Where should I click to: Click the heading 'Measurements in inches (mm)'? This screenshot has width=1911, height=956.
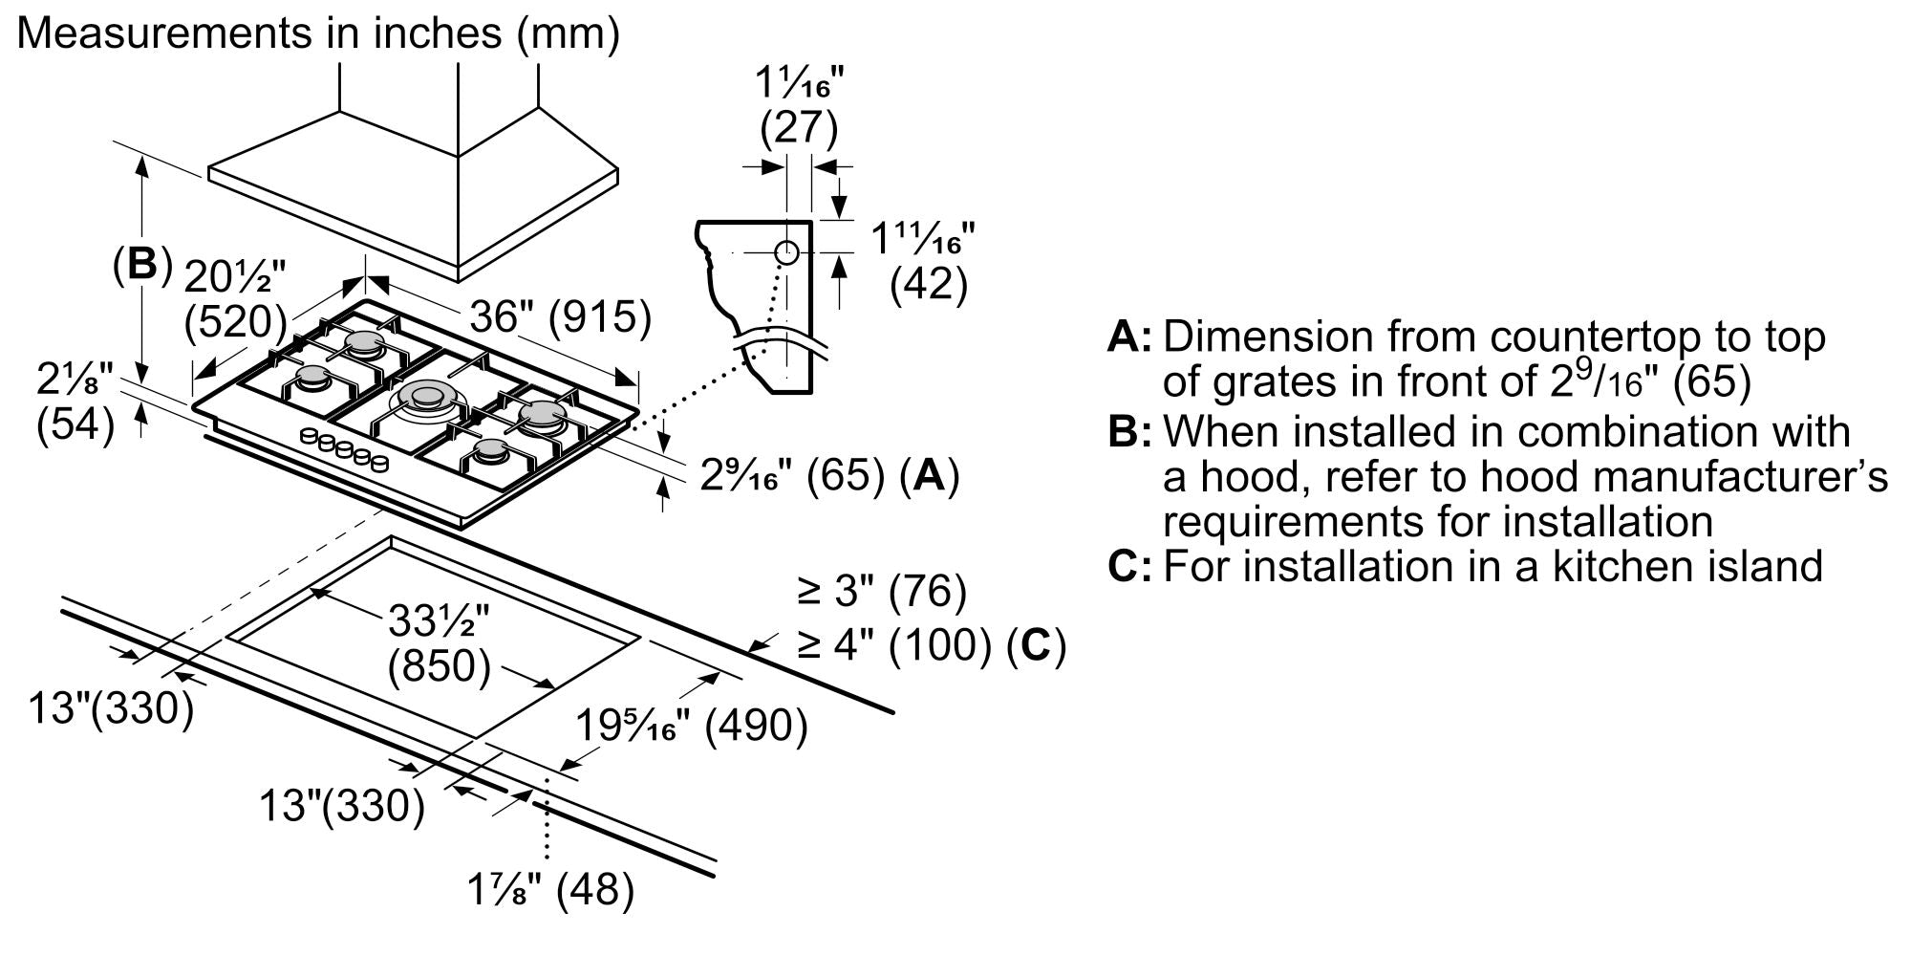(x=319, y=33)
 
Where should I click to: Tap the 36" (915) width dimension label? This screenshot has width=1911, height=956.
(x=560, y=316)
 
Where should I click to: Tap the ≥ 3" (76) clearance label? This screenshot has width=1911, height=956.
(x=882, y=592)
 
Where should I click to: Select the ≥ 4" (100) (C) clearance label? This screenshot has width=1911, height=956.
(x=932, y=646)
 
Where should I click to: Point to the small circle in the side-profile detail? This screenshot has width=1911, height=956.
(x=786, y=252)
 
